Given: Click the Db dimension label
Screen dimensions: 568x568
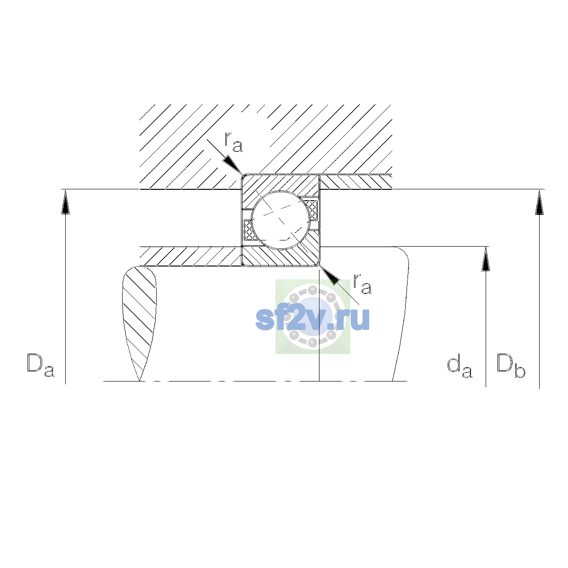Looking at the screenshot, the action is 511,365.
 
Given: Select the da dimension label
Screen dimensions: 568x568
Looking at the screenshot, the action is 460,367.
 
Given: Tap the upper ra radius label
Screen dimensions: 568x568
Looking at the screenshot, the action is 233,142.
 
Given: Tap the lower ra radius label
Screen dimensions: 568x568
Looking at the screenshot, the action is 362,284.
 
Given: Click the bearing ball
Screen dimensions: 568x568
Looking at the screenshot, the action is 281,220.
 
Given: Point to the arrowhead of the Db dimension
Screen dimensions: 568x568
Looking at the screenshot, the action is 539,202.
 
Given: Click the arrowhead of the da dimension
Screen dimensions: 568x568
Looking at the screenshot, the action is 486,259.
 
